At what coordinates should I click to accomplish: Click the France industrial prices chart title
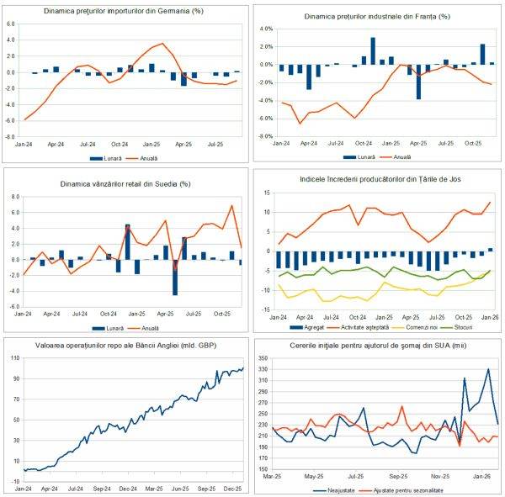(376, 16)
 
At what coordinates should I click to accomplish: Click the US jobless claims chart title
(378, 346)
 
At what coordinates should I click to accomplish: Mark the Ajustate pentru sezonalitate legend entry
(406, 489)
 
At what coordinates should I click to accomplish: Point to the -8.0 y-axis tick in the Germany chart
(12, 135)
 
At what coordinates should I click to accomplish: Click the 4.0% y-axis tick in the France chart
(263, 29)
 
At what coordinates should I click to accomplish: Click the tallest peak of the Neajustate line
(488, 369)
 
